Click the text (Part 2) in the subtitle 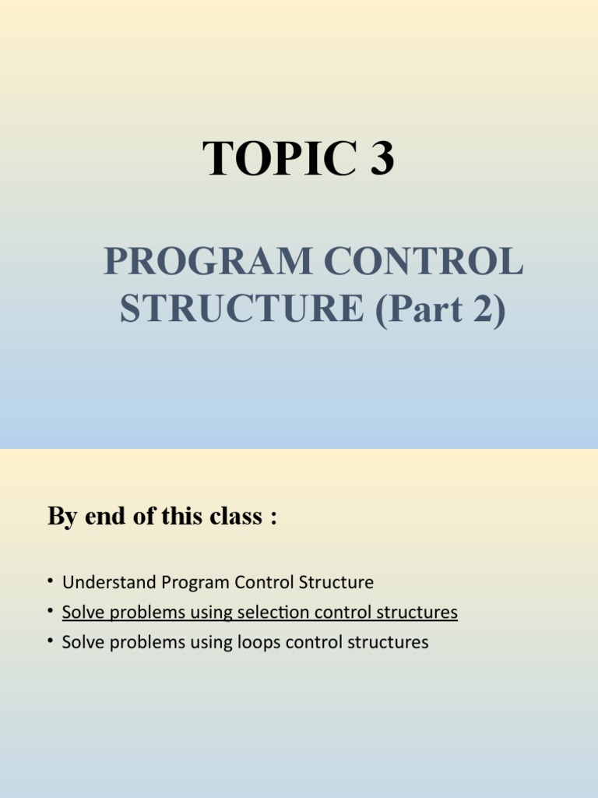click(441, 308)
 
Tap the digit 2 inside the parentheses click(487, 308)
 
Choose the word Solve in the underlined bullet click(80, 613)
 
